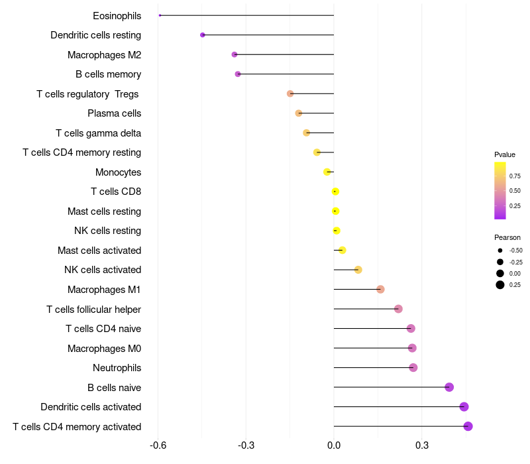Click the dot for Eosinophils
[x=160, y=15]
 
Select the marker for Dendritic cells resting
[x=203, y=35]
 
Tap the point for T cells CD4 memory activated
[x=468, y=426]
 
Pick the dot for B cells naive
[x=449, y=387]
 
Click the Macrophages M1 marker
[x=380, y=289]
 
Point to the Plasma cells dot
[x=299, y=113]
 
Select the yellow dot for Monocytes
[x=327, y=172]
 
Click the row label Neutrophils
[x=117, y=368]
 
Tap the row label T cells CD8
[x=116, y=192]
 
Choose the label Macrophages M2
[x=104, y=55]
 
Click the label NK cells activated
[x=103, y=270]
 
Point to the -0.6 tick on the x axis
[x=158, y=446]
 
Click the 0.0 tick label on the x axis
[x=334, y=446]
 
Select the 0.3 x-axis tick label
[x=422, y=446]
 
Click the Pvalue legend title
[x=505, y=154]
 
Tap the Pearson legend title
[x=507, y=237]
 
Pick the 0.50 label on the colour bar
[x=515, y=191]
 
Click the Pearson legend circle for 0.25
[x=500, y=285]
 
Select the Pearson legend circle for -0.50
[x=500, y=251]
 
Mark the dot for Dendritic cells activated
[x=464, y=407]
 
